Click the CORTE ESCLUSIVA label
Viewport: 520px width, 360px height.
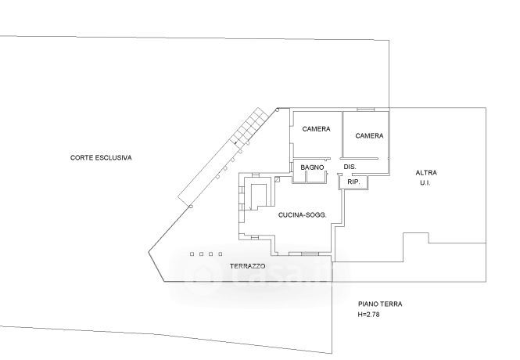tap(101, 157)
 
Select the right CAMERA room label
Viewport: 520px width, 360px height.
tap(369, 135)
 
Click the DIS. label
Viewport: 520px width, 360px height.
tap(350, 167)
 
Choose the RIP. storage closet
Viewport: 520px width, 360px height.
tap(353, 182)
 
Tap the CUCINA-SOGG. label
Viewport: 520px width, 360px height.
tap(302, 214)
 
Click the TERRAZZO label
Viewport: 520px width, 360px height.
tap(248, 266)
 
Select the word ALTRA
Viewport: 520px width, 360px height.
tap(426, 172)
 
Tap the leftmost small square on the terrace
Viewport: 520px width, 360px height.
tap(192, 254)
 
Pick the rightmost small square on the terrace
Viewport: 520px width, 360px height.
tap(221, 254)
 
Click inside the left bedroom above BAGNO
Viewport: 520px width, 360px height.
tap(316, 145)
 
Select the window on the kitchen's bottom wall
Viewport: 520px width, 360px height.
tap(303, 254)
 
